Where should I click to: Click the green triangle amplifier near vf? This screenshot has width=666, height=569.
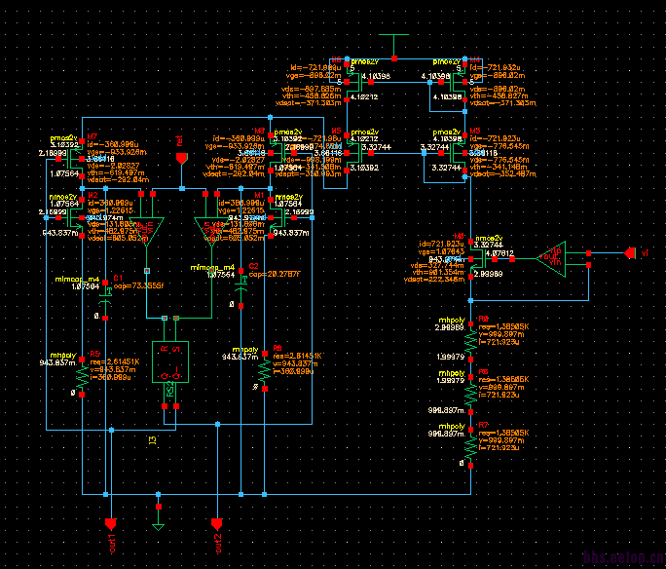click(x=555, y=258)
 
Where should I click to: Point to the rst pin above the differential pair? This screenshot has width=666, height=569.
click(x=179, y=156)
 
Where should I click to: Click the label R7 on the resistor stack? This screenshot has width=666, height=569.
click(x=482, y=426)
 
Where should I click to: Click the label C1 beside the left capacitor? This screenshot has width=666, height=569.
click(x=118, y=278)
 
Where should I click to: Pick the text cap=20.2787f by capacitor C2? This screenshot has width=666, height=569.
click(x=274, y=275)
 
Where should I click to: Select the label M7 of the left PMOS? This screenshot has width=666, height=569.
click(x=92, y=137)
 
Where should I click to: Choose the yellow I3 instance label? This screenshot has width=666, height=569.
click(x=152, y=440)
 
